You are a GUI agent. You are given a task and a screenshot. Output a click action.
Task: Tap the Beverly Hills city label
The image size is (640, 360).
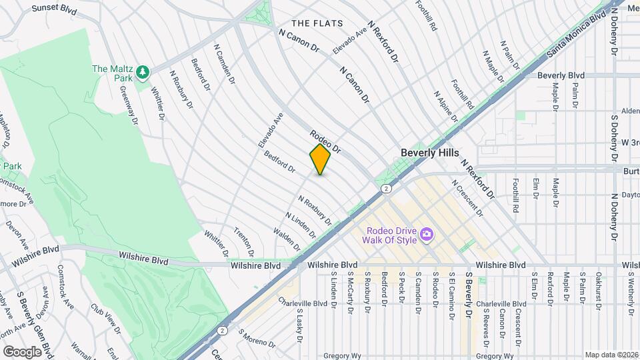click(x=429, y=153)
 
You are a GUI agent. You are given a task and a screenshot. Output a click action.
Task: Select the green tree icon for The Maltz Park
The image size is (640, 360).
click(x=142, y=71)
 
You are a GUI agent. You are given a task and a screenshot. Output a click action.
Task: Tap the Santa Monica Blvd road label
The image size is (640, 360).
click(x=577, y=31)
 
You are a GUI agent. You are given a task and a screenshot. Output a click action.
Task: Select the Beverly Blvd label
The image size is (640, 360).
click(x=561, y=75)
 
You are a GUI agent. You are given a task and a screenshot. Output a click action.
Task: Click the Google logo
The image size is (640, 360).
click(x=22, y=351)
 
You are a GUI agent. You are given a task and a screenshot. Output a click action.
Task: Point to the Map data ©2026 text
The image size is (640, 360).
click(x=611, y=355)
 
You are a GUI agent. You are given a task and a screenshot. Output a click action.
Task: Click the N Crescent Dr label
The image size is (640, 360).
click(x=466, y=197)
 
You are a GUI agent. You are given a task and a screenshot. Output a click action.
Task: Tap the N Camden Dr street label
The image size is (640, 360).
click(x=225, y=64)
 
